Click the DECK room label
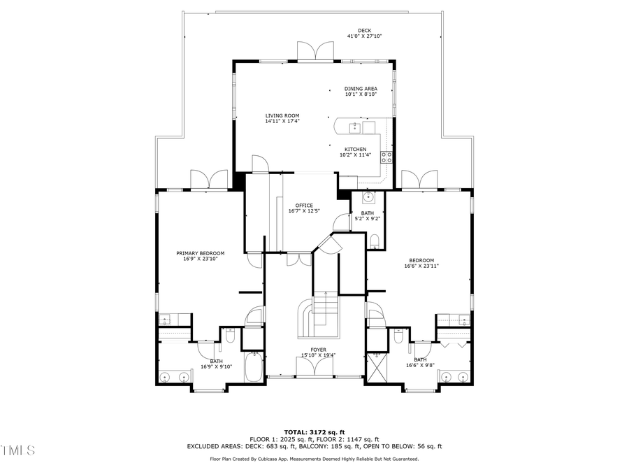364,30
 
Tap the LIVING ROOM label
282,115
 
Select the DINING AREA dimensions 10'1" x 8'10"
361,94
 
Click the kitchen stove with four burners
386,157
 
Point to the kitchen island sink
354,127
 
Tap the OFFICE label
304,206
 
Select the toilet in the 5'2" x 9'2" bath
375,241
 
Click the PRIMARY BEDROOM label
200,253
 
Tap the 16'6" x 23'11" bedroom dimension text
421,266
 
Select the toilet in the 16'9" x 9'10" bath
230,337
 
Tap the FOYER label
318,349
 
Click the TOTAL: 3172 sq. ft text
314,431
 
